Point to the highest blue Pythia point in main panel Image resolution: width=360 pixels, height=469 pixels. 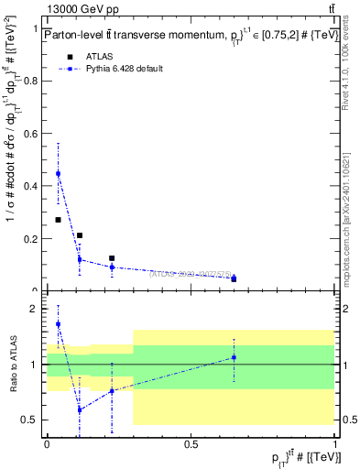tap(59, 173)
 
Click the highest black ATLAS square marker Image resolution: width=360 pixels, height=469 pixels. tap(59, 220)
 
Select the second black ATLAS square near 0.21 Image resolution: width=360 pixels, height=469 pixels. tap(80, 235)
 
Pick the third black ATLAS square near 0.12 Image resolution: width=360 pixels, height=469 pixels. tap(112, 258)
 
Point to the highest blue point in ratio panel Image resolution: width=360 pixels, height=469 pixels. tap(59, 323)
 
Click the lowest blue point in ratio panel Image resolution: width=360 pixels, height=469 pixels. tap(80, 409)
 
